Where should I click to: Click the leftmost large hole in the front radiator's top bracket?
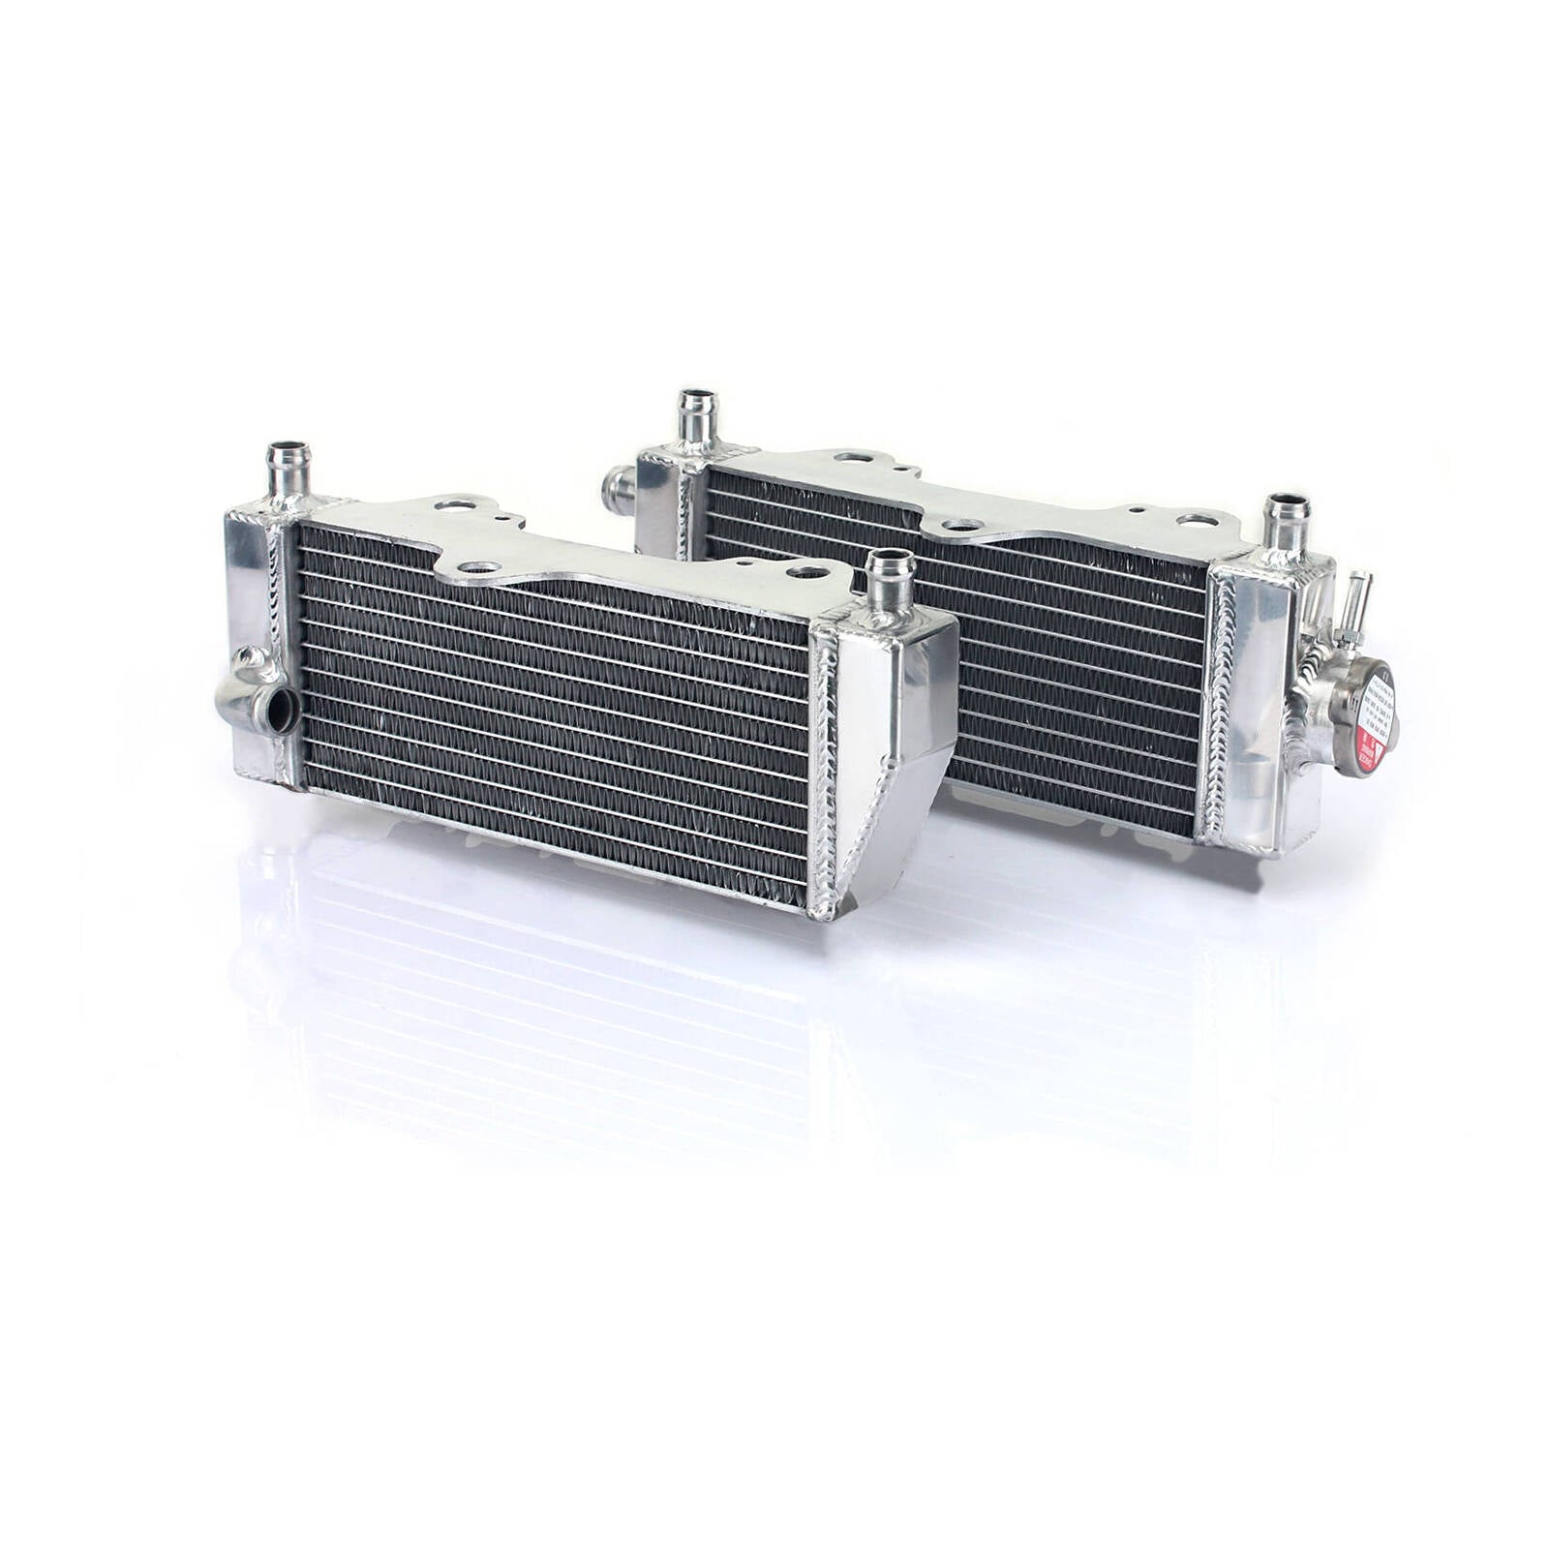pyautogui.click(x=453, y=503)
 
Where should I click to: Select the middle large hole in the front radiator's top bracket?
pyautogui.click(x=481, y=567)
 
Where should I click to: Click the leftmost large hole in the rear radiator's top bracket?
pyautogui.click(x=851, y=458)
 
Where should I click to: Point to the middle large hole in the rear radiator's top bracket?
pyautogui.click(x=961, y=525)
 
